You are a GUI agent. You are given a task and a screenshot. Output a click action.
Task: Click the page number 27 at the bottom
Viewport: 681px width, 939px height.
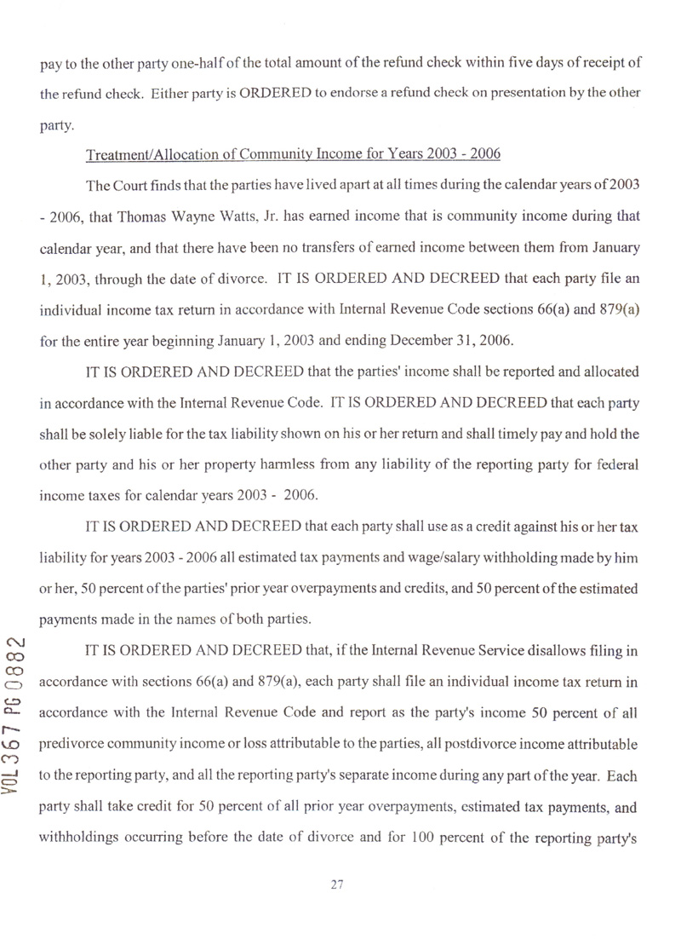click(335, 885)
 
